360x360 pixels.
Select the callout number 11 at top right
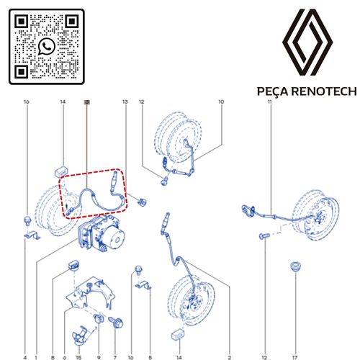click(269, 102)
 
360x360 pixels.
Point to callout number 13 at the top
click(125, 102)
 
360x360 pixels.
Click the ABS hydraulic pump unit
click(101, 235)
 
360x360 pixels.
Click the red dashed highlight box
click(94, 193)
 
